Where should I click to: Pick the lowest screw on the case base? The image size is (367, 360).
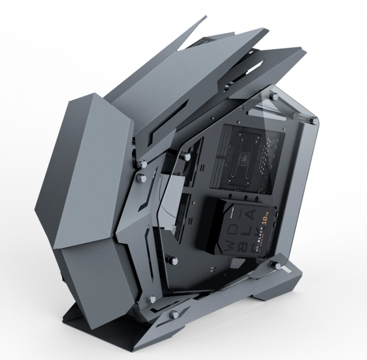pyautogui.click(x=175, y=314)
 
